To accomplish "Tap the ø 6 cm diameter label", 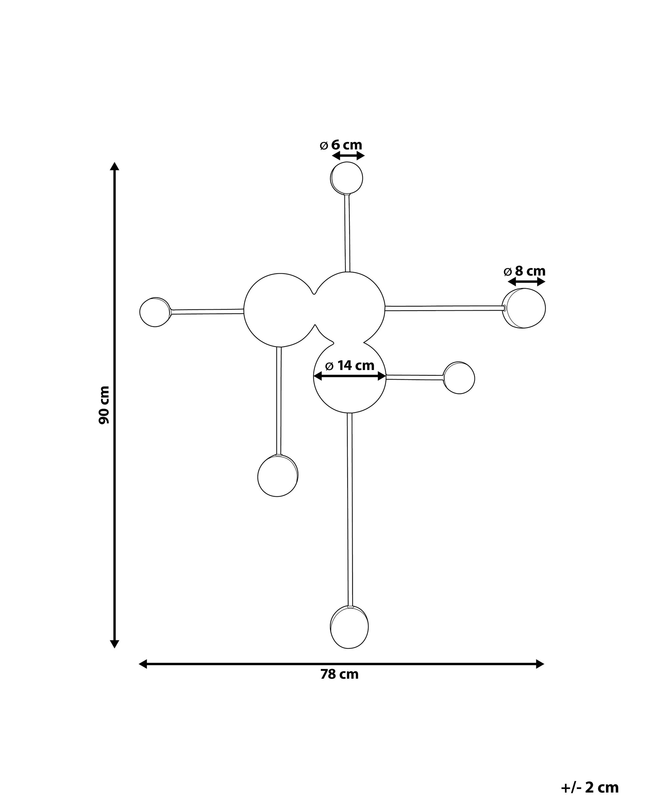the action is tap(341, 145).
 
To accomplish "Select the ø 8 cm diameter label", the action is tap(524, 271).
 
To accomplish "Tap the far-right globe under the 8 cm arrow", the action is tap(524, 308).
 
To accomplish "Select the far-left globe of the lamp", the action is tap(155, 312).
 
